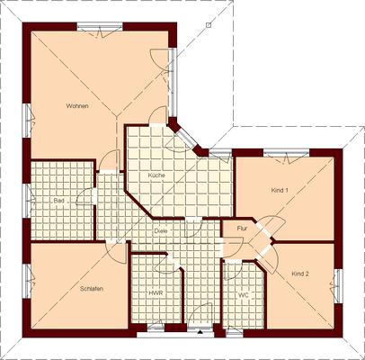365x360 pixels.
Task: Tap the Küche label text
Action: [x=156, y=175]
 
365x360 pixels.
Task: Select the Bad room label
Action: [x=58, y=200]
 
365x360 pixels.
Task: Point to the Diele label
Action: [x=161, y=230]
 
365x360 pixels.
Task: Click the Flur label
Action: [x=241, y=229]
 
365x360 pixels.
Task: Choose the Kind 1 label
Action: [x=280, y=191]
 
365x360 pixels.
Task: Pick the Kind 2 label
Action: [x=299, y=273]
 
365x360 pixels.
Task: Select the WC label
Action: [x=243, y=295]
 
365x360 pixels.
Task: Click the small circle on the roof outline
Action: [x=206, y=26]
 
